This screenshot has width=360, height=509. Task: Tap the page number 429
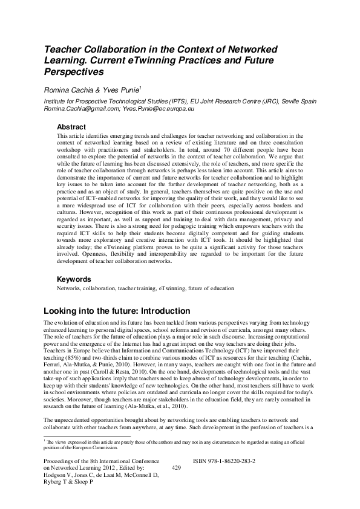pos(177,468)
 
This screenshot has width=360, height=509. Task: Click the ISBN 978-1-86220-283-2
pos(224,461)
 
